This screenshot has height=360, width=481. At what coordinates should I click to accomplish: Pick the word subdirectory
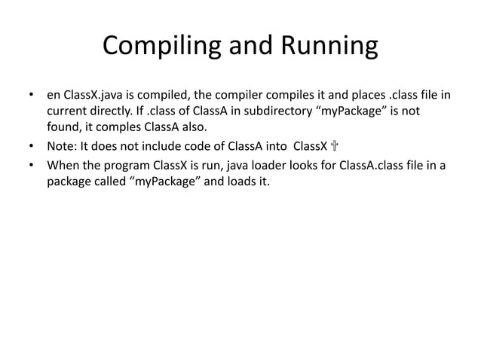click(286, 111)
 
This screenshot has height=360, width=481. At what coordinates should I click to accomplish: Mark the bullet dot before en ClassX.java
click(31, 96)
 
